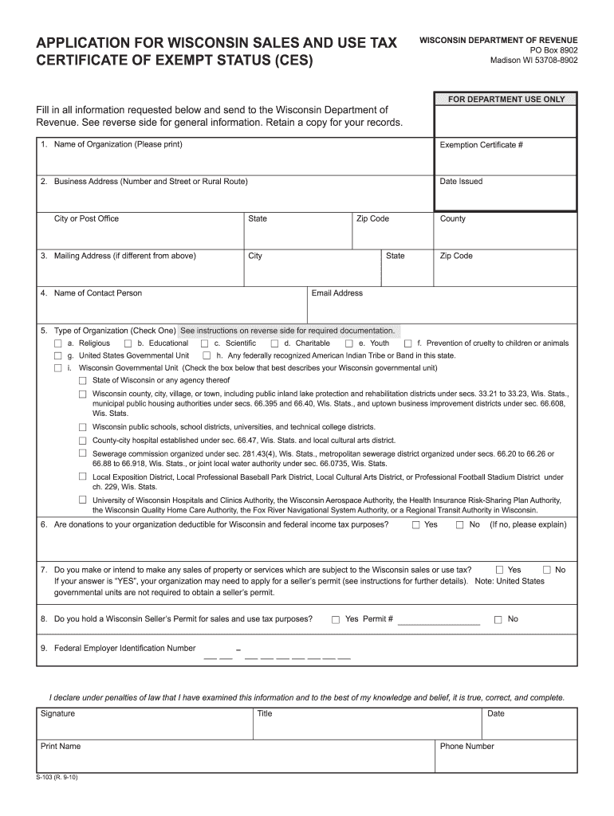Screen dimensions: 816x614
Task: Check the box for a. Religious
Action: coord(57,343)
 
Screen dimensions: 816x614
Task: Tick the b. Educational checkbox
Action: coord(128,343)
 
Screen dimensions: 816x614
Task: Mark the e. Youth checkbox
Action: coord(348,343)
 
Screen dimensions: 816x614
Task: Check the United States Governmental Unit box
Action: coord(57,355)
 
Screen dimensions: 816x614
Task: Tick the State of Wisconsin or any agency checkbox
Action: coord(82,381)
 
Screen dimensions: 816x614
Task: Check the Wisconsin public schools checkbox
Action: coord(82,427)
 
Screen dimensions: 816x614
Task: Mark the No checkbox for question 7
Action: coord(547,570)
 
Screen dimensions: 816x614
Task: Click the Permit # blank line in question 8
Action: coord(438,620)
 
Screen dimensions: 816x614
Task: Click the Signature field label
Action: coord(57,713)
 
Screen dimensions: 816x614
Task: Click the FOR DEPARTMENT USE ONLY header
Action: coord(506,100)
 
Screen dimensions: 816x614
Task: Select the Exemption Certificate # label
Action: coord(481,145)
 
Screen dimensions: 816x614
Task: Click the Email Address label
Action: coord(337,293)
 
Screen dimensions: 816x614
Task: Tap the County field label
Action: coord(452,219)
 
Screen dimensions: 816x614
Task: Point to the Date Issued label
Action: coord(461,182)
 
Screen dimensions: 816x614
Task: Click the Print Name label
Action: coord(61,746)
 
